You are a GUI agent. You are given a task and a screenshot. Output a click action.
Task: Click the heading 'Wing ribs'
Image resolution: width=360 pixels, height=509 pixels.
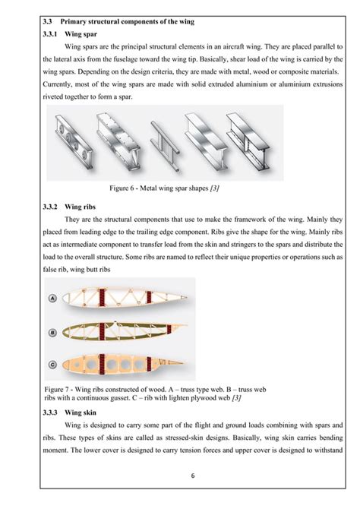coord(82,206)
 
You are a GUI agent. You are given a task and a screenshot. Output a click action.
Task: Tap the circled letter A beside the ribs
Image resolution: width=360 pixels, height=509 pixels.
coord(52,299)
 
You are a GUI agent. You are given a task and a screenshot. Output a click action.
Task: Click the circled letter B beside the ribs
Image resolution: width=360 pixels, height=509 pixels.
coord(52,331)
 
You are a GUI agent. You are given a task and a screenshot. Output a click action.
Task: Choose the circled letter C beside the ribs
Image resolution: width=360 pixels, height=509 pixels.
coord(52,362)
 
